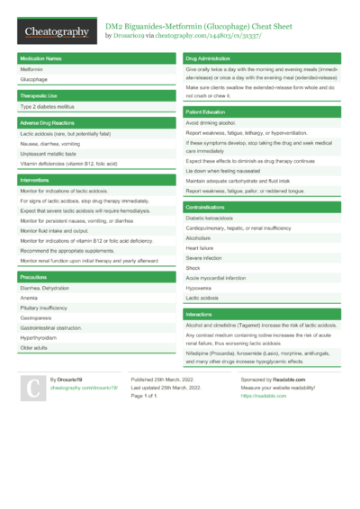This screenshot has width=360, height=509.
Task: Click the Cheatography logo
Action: point(56,32)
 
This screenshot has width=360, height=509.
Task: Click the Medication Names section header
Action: point(40,58)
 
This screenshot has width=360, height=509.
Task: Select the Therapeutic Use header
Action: point(40,94)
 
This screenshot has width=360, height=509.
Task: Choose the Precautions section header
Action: point(33,276)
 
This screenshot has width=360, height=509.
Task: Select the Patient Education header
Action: point(206,111)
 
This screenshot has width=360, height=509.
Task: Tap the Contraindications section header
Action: point(210,207)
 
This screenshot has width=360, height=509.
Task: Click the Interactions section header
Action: point(199,314)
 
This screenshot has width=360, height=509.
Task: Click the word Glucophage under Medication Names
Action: point(34,79)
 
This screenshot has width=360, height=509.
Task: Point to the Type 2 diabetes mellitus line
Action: point(48,106)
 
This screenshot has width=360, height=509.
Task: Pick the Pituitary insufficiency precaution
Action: point(44,308)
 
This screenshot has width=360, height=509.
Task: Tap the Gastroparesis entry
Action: point(36,317)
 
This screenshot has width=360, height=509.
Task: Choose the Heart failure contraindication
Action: point(200,247)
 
